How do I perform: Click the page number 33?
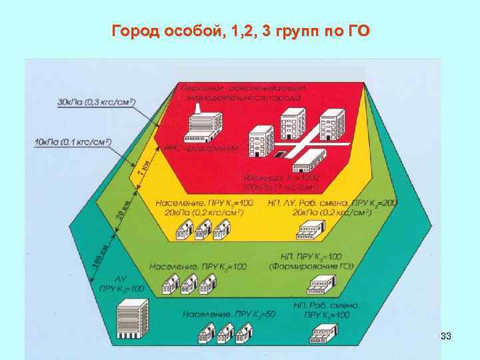pos(447,337)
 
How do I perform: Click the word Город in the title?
pos(135,31)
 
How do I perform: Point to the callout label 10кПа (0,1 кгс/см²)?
pos(72,142)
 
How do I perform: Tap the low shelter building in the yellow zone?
pos(309,231)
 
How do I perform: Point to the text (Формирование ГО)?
pos(311,267)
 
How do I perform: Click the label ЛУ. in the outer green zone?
pos(121,279)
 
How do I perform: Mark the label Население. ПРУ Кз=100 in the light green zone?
pos(198,267)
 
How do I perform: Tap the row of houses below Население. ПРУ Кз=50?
pos(218,333)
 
